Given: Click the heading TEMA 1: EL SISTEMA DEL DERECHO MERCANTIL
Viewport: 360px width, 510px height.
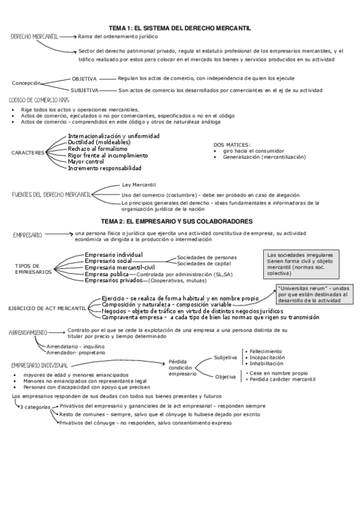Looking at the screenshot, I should [x=180, y=28].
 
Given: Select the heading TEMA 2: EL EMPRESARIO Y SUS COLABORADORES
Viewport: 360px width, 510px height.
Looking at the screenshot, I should [x=180, y=221].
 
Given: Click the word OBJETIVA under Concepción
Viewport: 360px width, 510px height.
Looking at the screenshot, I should [x=84, y=79].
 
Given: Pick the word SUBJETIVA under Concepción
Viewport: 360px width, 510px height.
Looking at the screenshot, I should [x=85, y=90].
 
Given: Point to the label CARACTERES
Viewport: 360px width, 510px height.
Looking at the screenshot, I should [x=28, y=153].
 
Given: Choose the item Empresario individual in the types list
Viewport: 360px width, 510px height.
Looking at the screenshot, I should [x=114, y=255].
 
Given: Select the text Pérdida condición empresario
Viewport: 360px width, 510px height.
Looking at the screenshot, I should [x=183, y=366].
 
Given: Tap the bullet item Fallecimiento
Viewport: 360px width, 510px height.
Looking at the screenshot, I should [x=265, y=351].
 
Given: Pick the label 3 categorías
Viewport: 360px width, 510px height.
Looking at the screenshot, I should [x=36, y=407].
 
